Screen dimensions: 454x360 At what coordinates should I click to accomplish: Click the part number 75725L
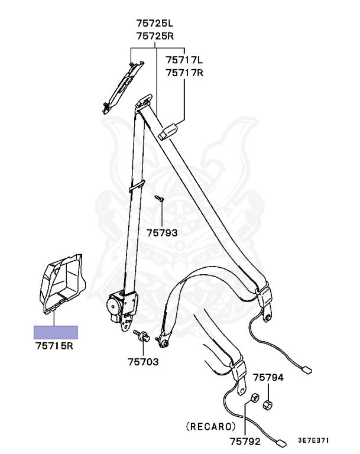coord(155,24)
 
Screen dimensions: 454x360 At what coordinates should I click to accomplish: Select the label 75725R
coord(155,36)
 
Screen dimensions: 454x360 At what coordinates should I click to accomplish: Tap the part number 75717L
coord(184,60)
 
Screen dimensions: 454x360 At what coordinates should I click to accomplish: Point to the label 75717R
coord(184,73)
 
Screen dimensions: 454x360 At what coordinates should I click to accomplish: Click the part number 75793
coord(162,233)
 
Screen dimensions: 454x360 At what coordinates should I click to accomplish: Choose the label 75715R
coord(54,346)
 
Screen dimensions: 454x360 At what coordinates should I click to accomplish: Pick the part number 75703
coord(143,362)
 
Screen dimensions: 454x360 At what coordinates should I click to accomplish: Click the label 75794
coord(268,377)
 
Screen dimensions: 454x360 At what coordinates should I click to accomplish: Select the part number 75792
coord(245,440)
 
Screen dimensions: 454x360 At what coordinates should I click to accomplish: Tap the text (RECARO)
coord(211,426)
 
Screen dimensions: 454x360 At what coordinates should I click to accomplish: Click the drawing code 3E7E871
coord(313,440)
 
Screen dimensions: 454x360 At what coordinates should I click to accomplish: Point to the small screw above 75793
coord(158,199)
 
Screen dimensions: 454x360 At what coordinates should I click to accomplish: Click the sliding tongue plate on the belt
coord(169,130)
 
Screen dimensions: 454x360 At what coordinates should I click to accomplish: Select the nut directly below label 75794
coord(267,404)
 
